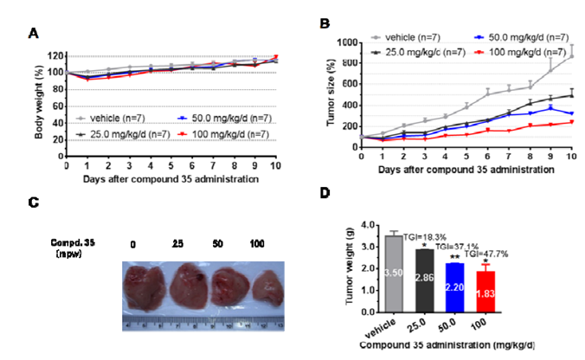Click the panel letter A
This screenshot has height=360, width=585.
[x=33, y=33]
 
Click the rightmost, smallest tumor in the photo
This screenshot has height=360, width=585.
[x=267, y=290]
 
